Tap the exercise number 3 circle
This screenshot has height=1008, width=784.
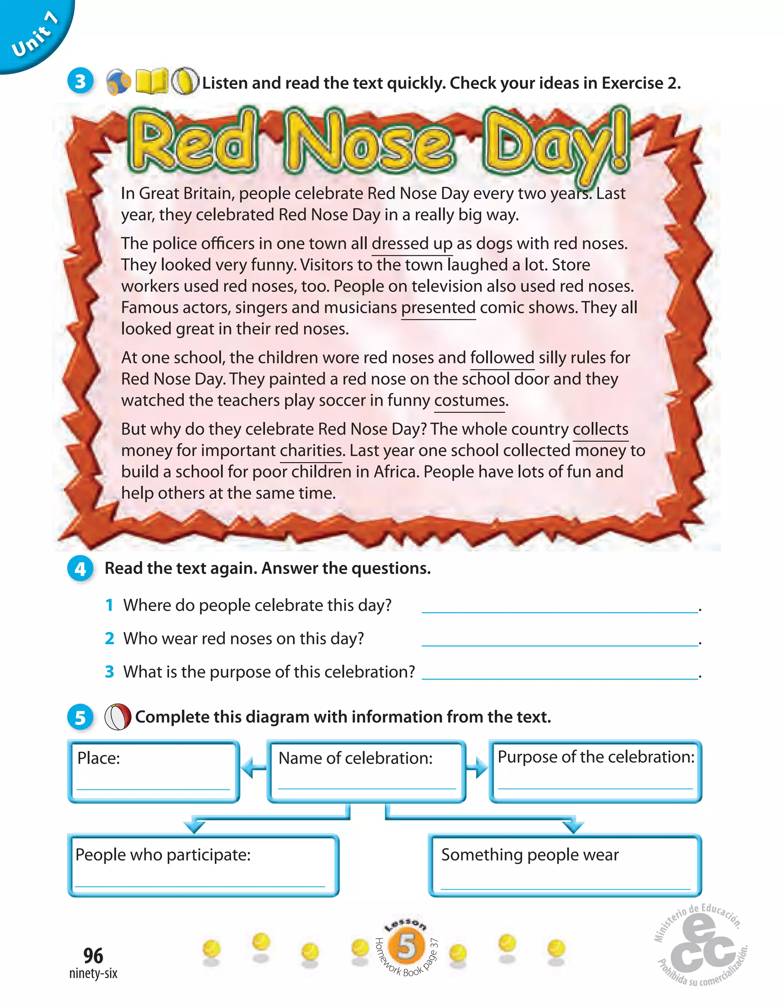click(x=80, y=82)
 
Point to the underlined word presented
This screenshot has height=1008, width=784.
click(x=438, y=308)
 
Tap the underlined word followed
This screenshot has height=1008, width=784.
click(x=502, y=358)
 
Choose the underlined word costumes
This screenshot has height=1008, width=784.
click(x=470, y=400)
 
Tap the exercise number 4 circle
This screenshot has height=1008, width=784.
click(x=80, y=569)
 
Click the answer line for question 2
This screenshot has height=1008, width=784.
click(x=559, y=640)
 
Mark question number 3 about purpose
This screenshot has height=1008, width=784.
click(x=109, y=672)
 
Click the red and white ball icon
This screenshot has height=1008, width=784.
click(x=118, y=717)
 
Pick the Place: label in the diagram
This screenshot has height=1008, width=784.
click(x=98, y=758)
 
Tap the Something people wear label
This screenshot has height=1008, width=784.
click(x=529, y=855)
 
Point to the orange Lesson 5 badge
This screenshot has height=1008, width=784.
click(x=406, y=946)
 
